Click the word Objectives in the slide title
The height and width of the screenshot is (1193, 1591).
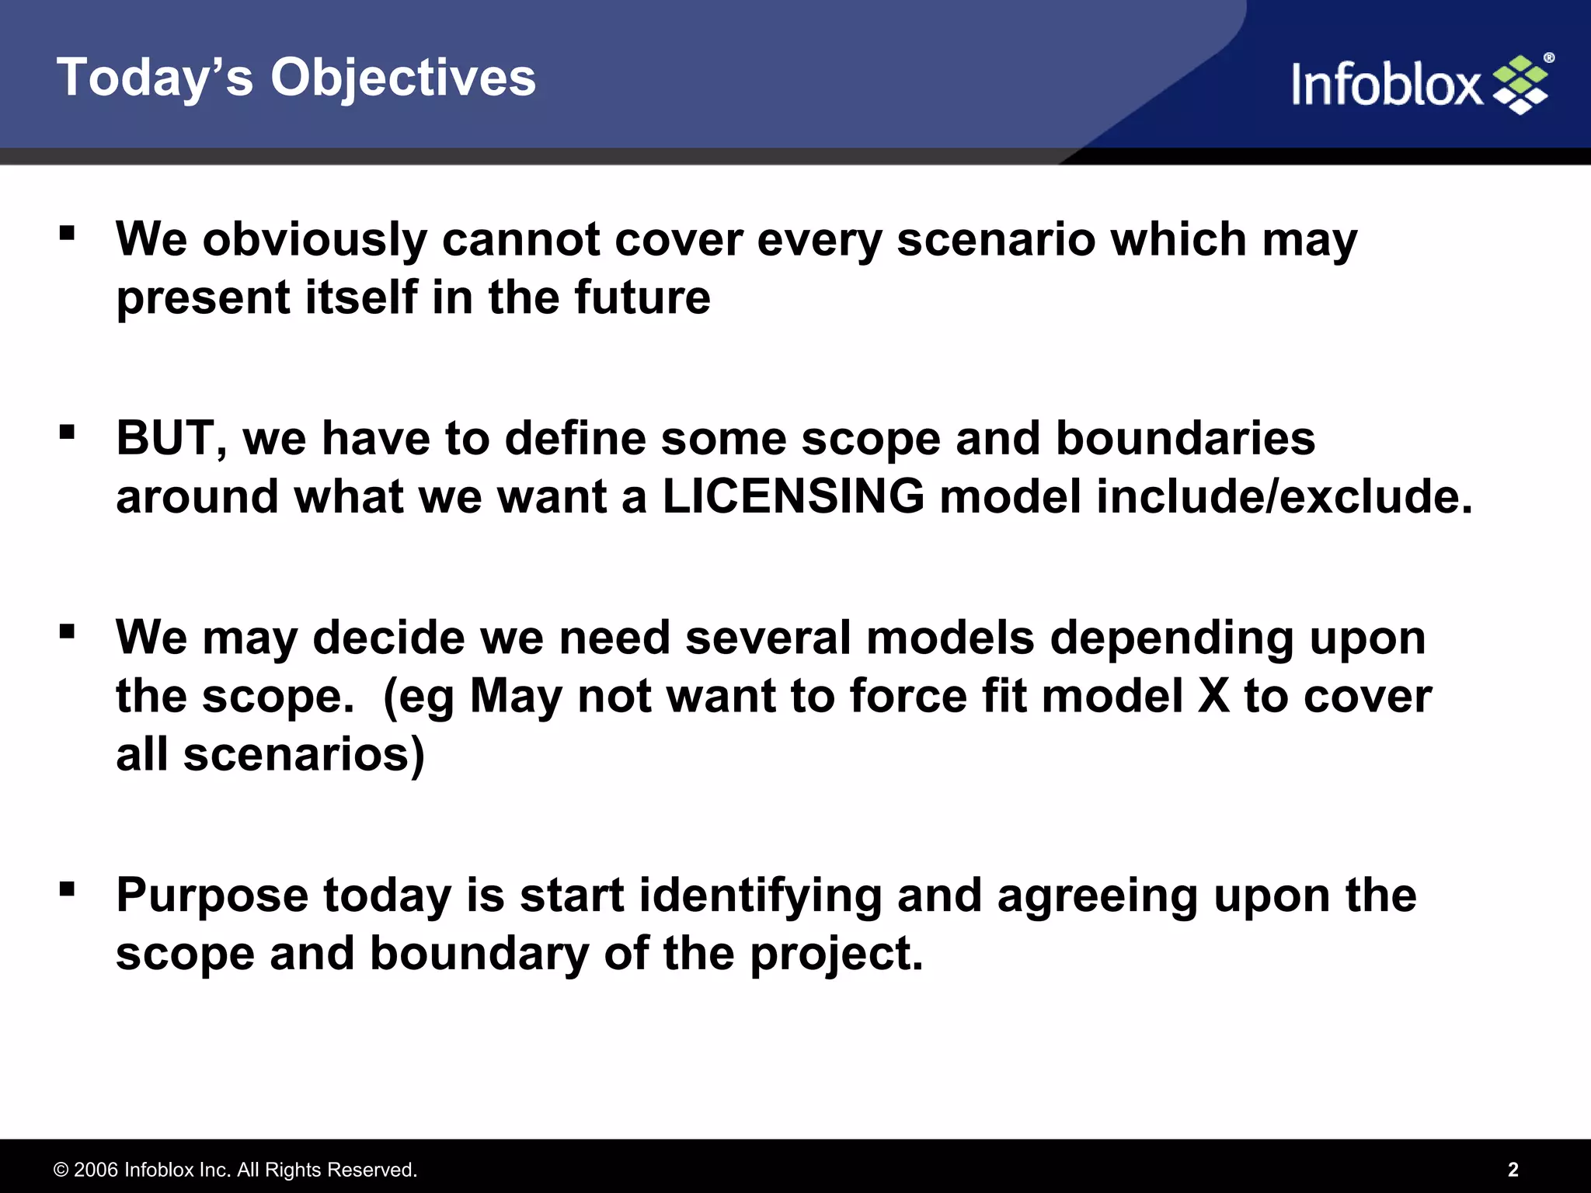402,78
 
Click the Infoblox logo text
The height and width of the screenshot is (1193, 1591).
1387,85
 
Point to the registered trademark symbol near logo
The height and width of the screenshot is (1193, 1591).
1548,58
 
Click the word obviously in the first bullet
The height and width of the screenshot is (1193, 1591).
315,239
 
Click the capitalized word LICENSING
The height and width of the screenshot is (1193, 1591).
793,496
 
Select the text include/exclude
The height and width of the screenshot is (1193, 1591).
1283,496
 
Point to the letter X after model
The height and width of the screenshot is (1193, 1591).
1213,696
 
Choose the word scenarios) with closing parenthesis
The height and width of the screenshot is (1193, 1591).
304,754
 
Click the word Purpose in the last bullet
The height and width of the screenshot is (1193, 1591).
212,896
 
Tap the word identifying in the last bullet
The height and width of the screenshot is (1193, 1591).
760,896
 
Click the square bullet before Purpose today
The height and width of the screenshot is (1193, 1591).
68,888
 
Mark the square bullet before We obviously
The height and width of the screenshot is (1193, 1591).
68,232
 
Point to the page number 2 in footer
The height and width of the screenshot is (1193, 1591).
1513,1170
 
